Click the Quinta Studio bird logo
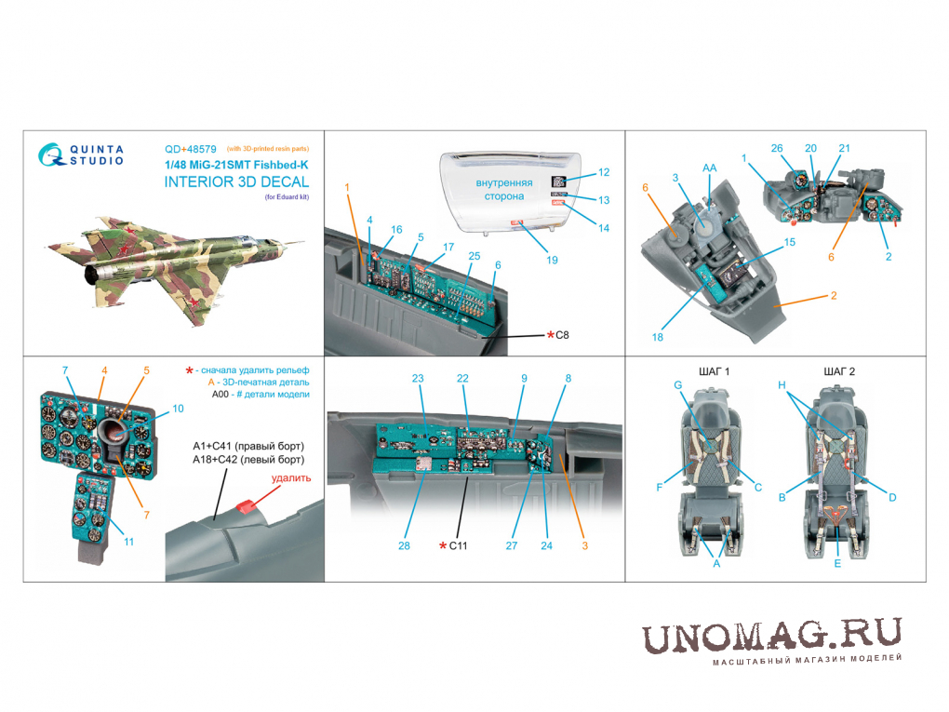pyautogui.click(x=51, y=154)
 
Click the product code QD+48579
pyautogui.click(x=190, y=149)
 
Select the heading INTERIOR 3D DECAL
pyautogui.click(x=236, y=181)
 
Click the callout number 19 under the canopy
pyautogui.click(x=552, y=260)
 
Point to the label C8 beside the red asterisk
pyautogui.click(x=562, y=335)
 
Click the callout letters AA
pyautogui.click(x=709, y=168)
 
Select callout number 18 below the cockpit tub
pyautogui.click(x=657, y=337)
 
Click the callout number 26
pyautogui.click(x=777, y=148)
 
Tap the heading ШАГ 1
pyautogui.click(x=715, y=371)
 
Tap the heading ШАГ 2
pyautogui.click(x=839, y=371)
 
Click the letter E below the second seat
pyautogui.click(x=837, y=564)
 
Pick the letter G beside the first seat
pyautogui.click(x=678, y=385)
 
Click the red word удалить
pyautogui.click(x=291, y=477)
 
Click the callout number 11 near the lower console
pyautogui.click(x=128, y=542)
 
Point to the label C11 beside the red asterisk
pyautogui.click(x=458, y=545)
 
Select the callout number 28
pyautogui.click(x=405, y=545)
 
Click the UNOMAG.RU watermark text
pyautogui.click(x=771, y=636)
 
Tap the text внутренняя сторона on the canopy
pyautogui.click(x=504, y=190)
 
